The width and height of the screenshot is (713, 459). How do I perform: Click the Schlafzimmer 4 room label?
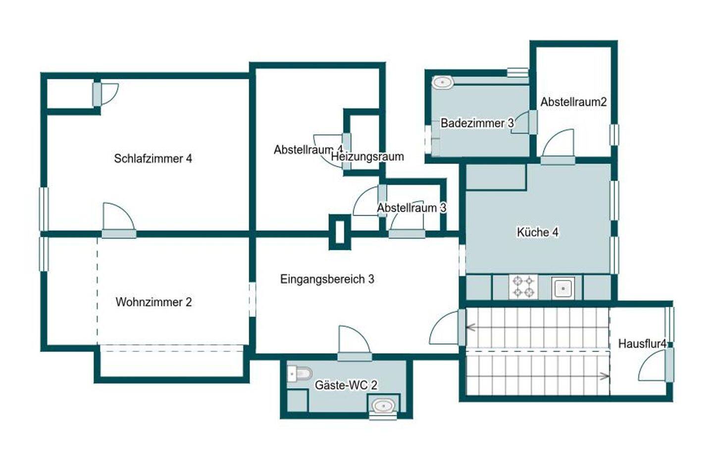pyautogui.click(x=153, y=159)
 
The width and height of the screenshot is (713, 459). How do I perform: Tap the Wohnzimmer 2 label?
pyautogui.click(x=153, y=302)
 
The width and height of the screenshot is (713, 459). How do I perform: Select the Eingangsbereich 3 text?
pyautogui.click(x=327, y=279)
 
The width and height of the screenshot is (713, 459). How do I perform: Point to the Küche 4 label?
pyautogui.click(x=538, y=232)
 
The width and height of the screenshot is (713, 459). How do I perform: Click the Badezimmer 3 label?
pyautogui.click(x=477, y=123)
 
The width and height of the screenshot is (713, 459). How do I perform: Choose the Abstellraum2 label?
pyautogui.click(x=573, y=102)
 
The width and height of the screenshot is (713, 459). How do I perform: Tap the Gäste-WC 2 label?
pyautogui.click(x=346, y=385)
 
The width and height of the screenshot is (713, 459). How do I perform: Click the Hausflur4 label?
pyautogui.click(x=642, y=344)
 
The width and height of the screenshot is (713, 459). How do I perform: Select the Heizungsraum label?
pyautogui.click(x=367, y=157)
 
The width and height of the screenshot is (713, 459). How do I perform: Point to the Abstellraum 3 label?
pyautogui.click(x=411, y=208)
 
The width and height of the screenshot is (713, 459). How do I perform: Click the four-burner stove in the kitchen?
pyautogui.click(x=523, y=287)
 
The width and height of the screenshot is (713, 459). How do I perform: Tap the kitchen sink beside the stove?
pyautogui.click(x=563, y=288)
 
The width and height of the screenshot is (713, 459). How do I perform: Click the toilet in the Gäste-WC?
pyautogui.click(x=299, y=374)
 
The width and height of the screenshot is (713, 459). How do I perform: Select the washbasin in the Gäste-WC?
pyautogui.click(x=383, y=406)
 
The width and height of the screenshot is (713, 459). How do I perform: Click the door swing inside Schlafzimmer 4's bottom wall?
pyautogui.click(x=119, y=216)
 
